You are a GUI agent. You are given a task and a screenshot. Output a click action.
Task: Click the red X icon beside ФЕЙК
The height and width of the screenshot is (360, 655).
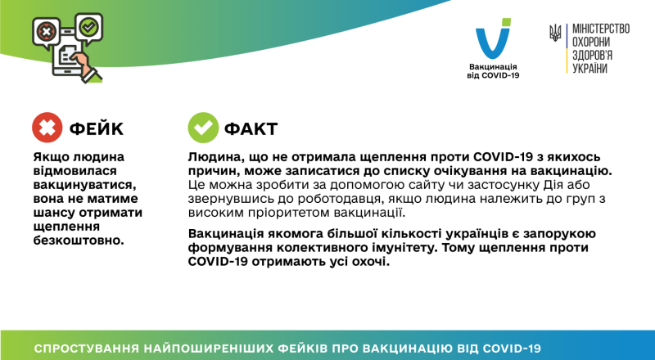pyautogui.click(x=47, y=128)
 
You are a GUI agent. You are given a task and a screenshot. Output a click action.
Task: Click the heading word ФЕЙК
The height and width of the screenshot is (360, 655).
pyautogui.click(x=97, y=128)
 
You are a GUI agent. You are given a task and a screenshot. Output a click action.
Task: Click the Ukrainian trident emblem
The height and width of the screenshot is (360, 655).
pyautogui.click(x=556, y=34)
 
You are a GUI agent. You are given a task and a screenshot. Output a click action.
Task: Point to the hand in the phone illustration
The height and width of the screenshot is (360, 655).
pyautogui.click(x=81, y=61)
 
